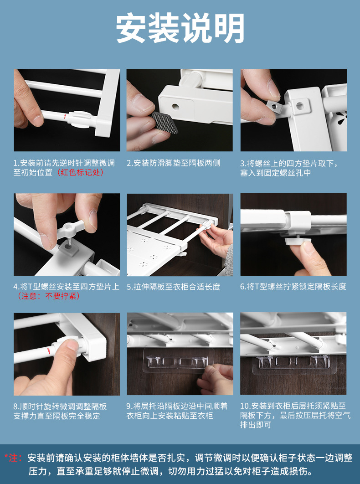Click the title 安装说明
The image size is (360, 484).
[x=180, y=28]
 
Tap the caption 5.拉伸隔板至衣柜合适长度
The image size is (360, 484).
[x=173, y=287]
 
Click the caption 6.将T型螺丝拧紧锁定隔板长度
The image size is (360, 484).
[x=293, y=287]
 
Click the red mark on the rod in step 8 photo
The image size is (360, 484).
[x=49, y=350]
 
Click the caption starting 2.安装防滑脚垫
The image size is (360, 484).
[x=173, y=163]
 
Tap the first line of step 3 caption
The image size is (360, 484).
[x=289, y=163]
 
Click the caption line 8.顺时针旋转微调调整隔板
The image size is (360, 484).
[x=60, y=406]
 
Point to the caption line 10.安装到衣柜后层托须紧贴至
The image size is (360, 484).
[x=293, y=406]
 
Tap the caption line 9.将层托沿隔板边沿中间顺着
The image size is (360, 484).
[x=177, y=406]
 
